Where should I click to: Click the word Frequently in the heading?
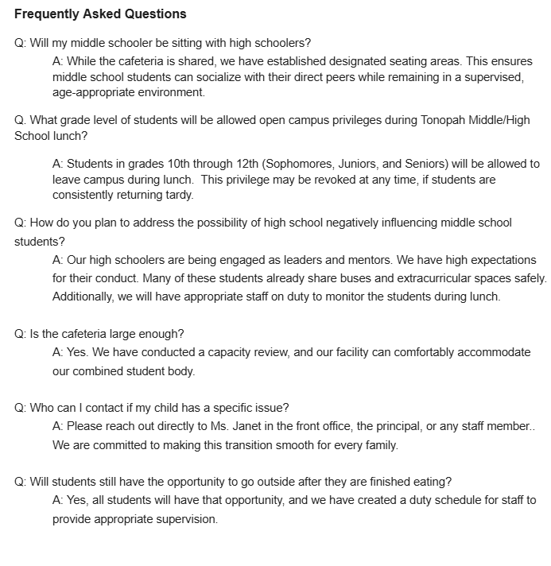pyautogui.click(x=47, y=14)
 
